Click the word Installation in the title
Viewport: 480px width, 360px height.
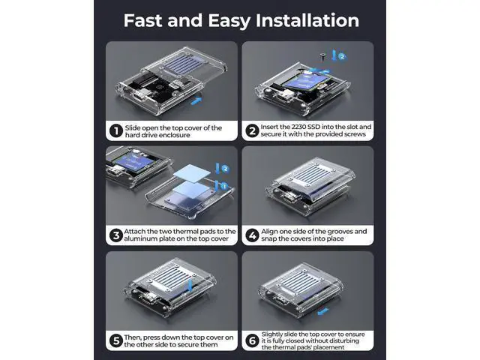(307, 20)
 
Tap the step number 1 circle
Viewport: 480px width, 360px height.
(116, 131)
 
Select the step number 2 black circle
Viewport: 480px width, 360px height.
(252, 131)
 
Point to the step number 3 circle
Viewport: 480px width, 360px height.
(116, 235)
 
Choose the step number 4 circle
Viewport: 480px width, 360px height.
(252, 235)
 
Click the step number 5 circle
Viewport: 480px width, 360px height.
(116, 340)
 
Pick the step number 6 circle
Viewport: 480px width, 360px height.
(252, 340)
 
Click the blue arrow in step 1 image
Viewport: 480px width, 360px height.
(196, 100)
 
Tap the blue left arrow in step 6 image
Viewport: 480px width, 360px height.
(323, 312)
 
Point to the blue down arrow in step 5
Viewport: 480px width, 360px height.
(190, 285)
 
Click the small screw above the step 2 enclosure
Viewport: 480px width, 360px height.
(322, 57)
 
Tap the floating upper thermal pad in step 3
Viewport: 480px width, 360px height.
(192, 172)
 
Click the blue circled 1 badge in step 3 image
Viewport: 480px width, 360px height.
(223, 186)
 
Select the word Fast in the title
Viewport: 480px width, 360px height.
(142, 20)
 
